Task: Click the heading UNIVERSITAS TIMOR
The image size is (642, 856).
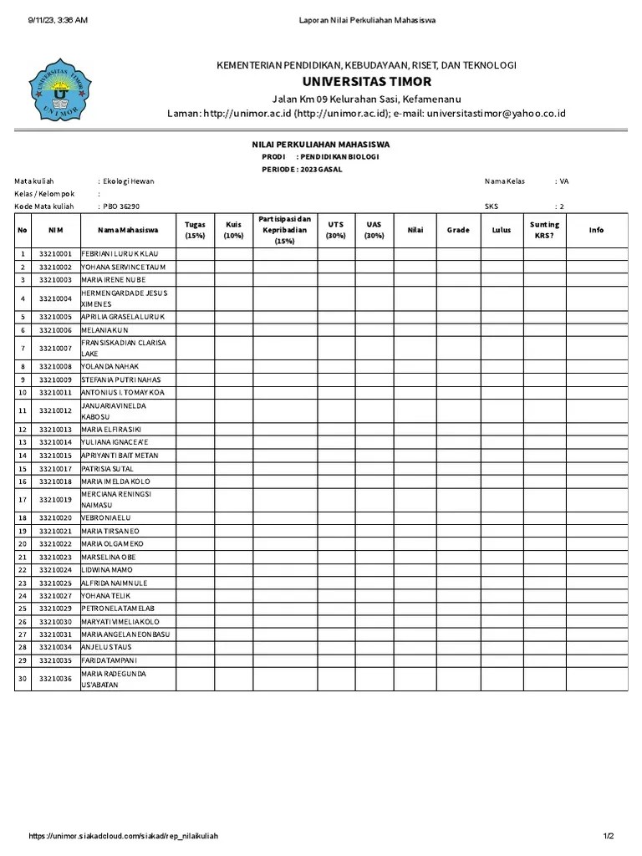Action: [366, 82]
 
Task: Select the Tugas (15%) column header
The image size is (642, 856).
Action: [195, 230]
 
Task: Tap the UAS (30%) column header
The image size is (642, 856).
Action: [374, 230]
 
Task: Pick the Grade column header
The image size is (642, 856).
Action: [457, 230]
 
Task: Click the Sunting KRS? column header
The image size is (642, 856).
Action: [544, 230]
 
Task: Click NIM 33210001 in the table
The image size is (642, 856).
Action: [55, 253]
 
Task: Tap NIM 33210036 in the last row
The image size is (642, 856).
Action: [55, 679]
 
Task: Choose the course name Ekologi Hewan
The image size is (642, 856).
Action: [129, 181]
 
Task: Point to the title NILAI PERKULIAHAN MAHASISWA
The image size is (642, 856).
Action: [321, 145]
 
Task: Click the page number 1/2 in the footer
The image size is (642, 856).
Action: [609, 836]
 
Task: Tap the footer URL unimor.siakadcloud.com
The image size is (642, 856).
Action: [124, 836]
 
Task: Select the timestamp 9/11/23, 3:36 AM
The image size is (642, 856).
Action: [58, 20]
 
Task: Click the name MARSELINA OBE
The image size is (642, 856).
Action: [108, 557]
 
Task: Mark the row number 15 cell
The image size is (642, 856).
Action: [23, 469]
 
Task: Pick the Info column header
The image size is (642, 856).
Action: [596, 230]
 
